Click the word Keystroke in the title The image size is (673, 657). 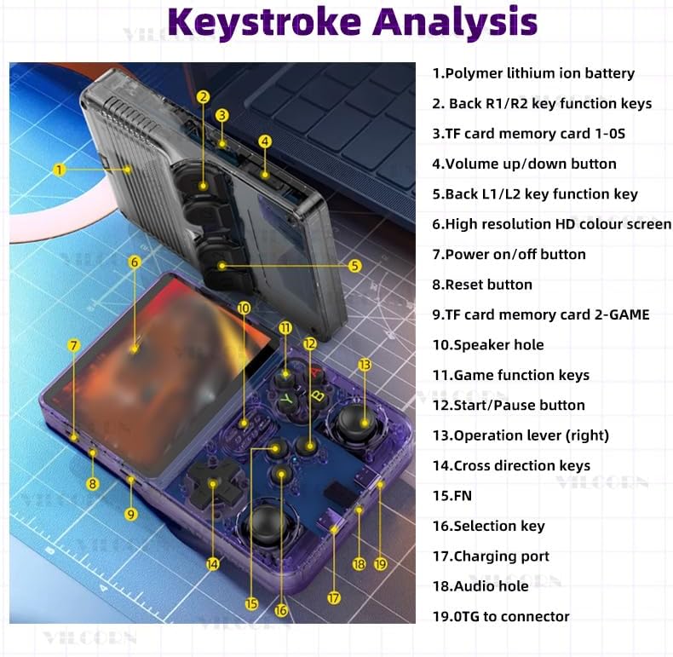click(265, 22)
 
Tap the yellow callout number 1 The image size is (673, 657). click(60, 170)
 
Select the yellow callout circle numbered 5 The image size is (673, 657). click(354, 266)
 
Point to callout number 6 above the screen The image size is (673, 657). click(135, 262)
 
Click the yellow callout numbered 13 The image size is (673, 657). click(365, 365)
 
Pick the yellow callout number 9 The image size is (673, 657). click(131, 514)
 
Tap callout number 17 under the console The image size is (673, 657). click(334, 598)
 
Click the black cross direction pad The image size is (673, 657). click(212, 485)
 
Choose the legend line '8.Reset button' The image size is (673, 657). click(482, 285)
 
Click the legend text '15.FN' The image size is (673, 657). click(452, 496)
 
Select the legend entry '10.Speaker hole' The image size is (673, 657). click(488, 345)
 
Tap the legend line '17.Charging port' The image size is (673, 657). click(491, 556)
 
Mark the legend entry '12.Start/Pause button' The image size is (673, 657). click(509, 406)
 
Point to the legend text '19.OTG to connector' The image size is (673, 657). click(501, 617)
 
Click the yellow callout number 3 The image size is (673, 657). click(221, 115)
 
